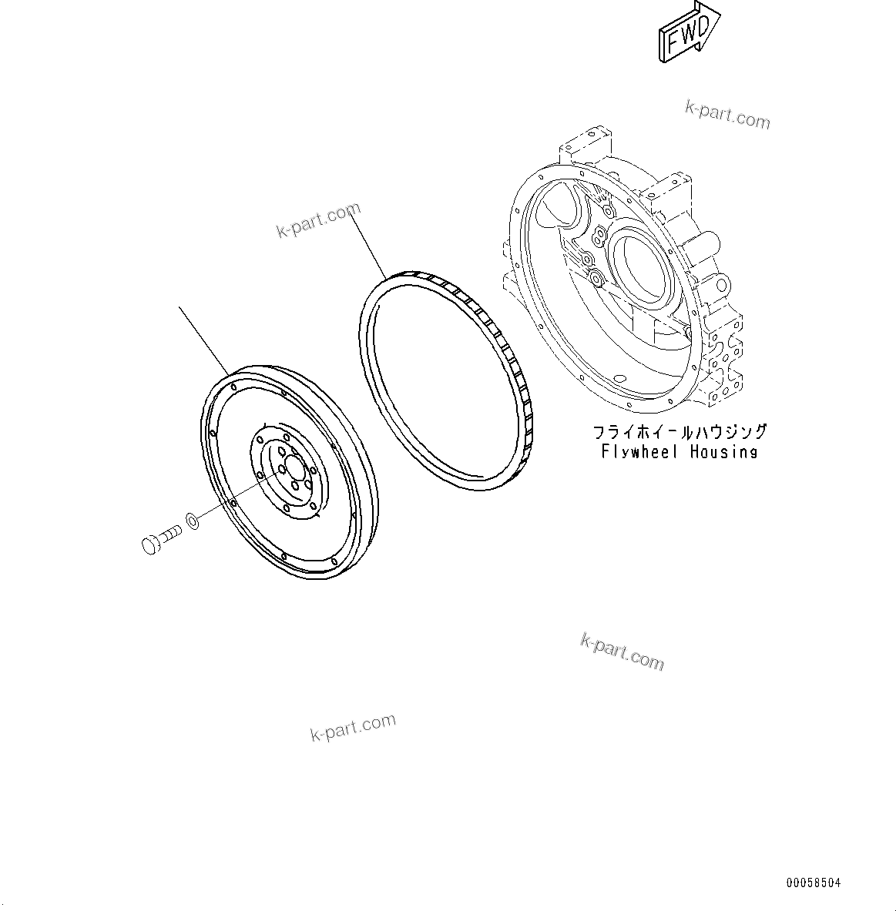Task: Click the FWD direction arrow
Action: [688, 32]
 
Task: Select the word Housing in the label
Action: [723, 452]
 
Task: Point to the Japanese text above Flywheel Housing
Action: [679, 432]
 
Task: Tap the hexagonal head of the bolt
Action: [151, 545]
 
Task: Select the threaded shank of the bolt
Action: [170, 533]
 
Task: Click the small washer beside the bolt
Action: [193, 521]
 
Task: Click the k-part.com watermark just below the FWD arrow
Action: [727, 116]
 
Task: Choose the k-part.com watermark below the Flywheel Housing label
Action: [621, 651]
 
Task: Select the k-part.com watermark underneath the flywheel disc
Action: [353, 725]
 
